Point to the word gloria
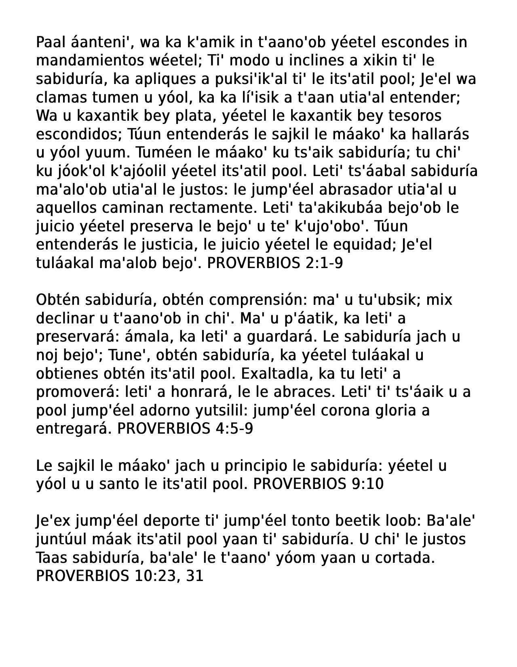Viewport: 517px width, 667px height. point(395,410)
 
